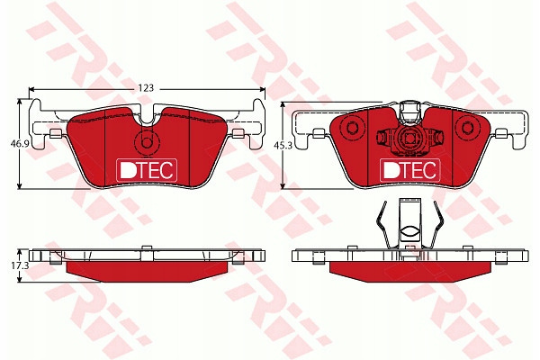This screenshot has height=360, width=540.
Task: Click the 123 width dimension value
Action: (146, 88)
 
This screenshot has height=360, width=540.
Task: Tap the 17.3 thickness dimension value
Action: (15, 266)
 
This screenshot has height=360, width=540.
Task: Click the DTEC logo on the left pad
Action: (147, 170)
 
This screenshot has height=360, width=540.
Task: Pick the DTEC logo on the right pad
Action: (409, 170)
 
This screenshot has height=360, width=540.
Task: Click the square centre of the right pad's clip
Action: (409, 138)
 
